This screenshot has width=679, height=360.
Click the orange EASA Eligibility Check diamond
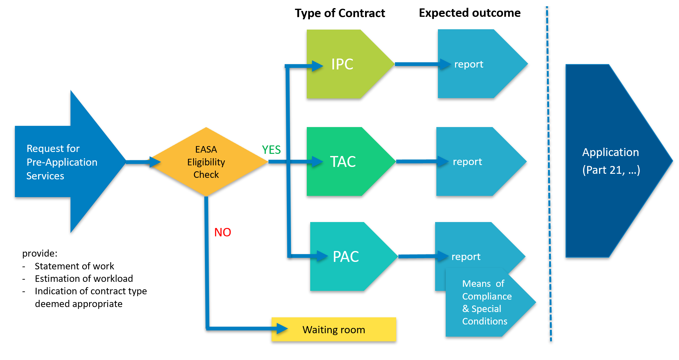pos(206,162)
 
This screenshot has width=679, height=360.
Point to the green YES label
pos(271,150)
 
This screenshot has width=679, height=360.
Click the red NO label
pos(222,232)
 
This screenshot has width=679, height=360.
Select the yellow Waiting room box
pos(334,329)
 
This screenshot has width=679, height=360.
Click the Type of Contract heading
pos(340,13)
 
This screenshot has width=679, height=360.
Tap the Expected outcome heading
pos(469,13)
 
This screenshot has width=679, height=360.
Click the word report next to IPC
pos(468,64)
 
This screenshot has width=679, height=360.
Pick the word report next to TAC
pos(467,162)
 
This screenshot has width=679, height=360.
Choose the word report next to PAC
pos(466,257)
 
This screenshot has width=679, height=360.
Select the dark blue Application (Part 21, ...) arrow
pos(610,161)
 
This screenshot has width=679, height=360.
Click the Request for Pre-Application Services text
pos(62,162)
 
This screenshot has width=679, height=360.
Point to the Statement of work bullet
pos(74,266)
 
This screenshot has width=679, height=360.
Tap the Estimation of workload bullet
pos(84,278)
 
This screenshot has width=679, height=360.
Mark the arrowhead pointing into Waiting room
pos(282,329)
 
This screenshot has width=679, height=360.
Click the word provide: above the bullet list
pos(40,253)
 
